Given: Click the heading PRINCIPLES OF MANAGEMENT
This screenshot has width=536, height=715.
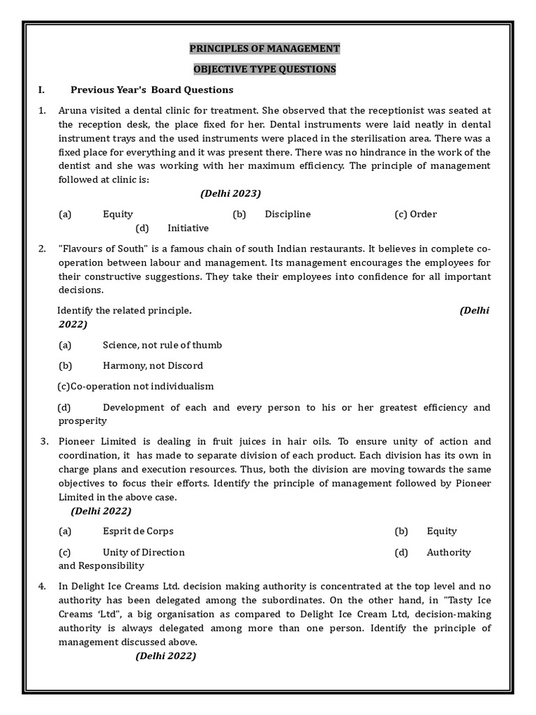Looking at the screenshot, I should point(265,49).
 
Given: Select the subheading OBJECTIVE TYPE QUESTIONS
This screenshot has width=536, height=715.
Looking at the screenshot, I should point(265,69).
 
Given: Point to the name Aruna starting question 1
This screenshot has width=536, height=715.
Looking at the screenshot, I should point(74,110).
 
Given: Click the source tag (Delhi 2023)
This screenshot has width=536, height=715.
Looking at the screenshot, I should point(230,193).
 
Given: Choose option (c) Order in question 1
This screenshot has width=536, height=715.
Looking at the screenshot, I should point(416,214).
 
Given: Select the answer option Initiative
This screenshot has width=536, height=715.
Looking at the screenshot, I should point(188,228).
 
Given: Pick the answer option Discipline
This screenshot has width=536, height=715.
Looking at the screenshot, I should point(288,214).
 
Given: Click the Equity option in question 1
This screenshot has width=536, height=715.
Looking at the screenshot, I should point(118,214).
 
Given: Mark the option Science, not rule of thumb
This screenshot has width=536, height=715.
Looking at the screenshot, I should point(162,345).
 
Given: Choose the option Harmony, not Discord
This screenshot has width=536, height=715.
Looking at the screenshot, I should point(153,365).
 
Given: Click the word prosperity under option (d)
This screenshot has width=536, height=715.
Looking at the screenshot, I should point(82,421).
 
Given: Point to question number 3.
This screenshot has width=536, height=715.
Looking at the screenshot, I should point(43,442).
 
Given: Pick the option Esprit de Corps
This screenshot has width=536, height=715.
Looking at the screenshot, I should point(138,531).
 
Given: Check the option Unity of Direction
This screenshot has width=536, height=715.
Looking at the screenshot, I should point(144,552).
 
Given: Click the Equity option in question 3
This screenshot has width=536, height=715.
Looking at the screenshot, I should point(442,531).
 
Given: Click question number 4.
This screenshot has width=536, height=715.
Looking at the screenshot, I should point(43,587).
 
